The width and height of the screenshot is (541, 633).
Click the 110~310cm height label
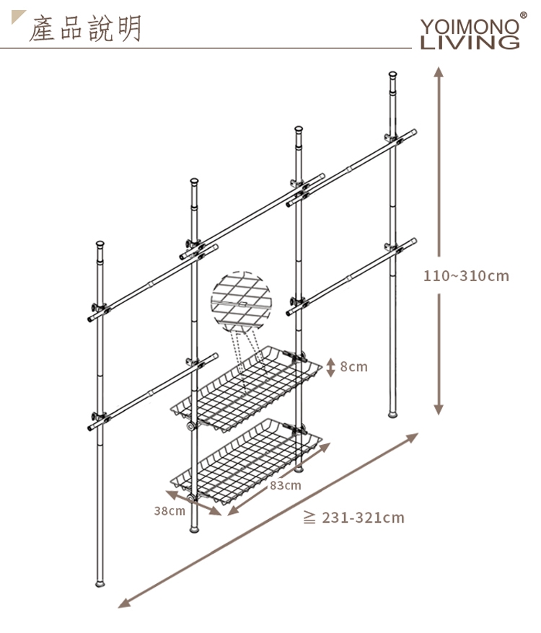point(466,276)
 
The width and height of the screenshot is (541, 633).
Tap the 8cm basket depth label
point(354,366)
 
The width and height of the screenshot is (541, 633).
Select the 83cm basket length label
point(286,484)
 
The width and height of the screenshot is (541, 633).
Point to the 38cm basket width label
point(170,510)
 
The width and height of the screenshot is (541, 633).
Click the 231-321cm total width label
point(363,518)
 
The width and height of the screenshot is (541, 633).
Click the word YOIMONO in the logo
point(470,27)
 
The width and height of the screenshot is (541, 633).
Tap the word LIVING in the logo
point(470,43)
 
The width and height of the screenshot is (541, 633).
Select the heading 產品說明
point(85,29)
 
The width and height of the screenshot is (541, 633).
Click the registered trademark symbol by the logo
point(523,16)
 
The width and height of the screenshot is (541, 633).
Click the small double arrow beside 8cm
point(331,367)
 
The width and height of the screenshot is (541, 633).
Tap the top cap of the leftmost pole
point(100,244)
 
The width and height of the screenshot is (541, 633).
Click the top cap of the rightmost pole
point(392,75)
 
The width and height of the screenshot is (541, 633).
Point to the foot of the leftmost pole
point(100,583)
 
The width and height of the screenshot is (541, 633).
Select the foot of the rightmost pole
point(392,415)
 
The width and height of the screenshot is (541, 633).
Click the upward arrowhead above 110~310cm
point(439,72)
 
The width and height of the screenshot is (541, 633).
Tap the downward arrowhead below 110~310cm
point(439,410)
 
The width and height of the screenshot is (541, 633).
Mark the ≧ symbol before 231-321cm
point(309,517)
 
